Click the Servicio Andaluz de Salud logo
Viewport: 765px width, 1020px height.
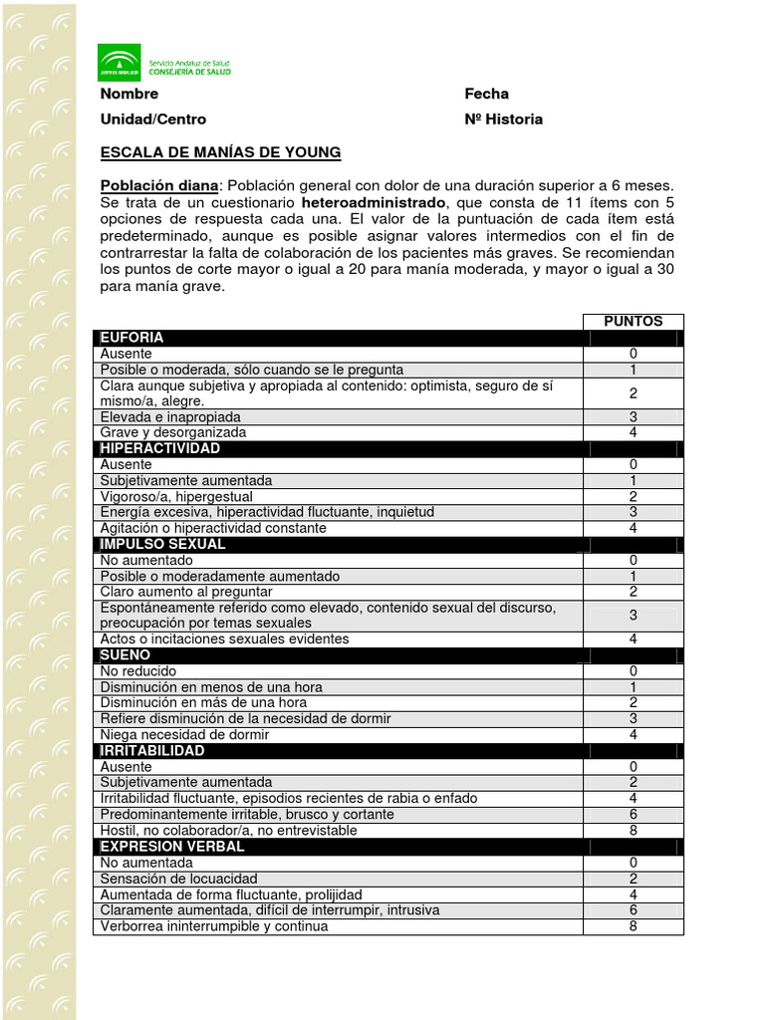tap(164, 63)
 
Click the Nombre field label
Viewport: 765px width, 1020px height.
tap(129, 94)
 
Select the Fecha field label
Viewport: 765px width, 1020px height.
tap(486, 94)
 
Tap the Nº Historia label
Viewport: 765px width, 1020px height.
tap(503, 120)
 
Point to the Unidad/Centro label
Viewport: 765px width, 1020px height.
tap(153, 120)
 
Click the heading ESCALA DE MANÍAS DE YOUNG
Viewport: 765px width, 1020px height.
tap(220, 152)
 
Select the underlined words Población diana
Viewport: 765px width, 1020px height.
tap(158, 185)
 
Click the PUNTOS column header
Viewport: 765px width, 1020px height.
tap(633, 322)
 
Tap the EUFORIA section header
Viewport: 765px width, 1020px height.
tap(131, 338)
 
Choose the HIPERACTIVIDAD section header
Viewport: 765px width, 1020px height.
tap(160, 449)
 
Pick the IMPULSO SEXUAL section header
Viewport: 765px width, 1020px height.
tap(162, 544)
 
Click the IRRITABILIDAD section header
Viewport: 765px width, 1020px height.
tap(152, 750)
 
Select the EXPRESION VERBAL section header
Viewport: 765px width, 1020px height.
tap(172, 846)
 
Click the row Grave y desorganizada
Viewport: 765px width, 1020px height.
tap(172, 433)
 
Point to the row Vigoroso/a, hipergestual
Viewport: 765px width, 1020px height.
tap(176, 496)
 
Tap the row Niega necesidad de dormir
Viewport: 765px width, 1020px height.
tap(184, 735)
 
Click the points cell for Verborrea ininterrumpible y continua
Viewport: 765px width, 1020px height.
tap(633, 926)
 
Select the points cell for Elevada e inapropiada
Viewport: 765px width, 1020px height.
tap(633, 417)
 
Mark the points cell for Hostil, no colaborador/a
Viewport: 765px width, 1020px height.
tap(633, 830)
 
